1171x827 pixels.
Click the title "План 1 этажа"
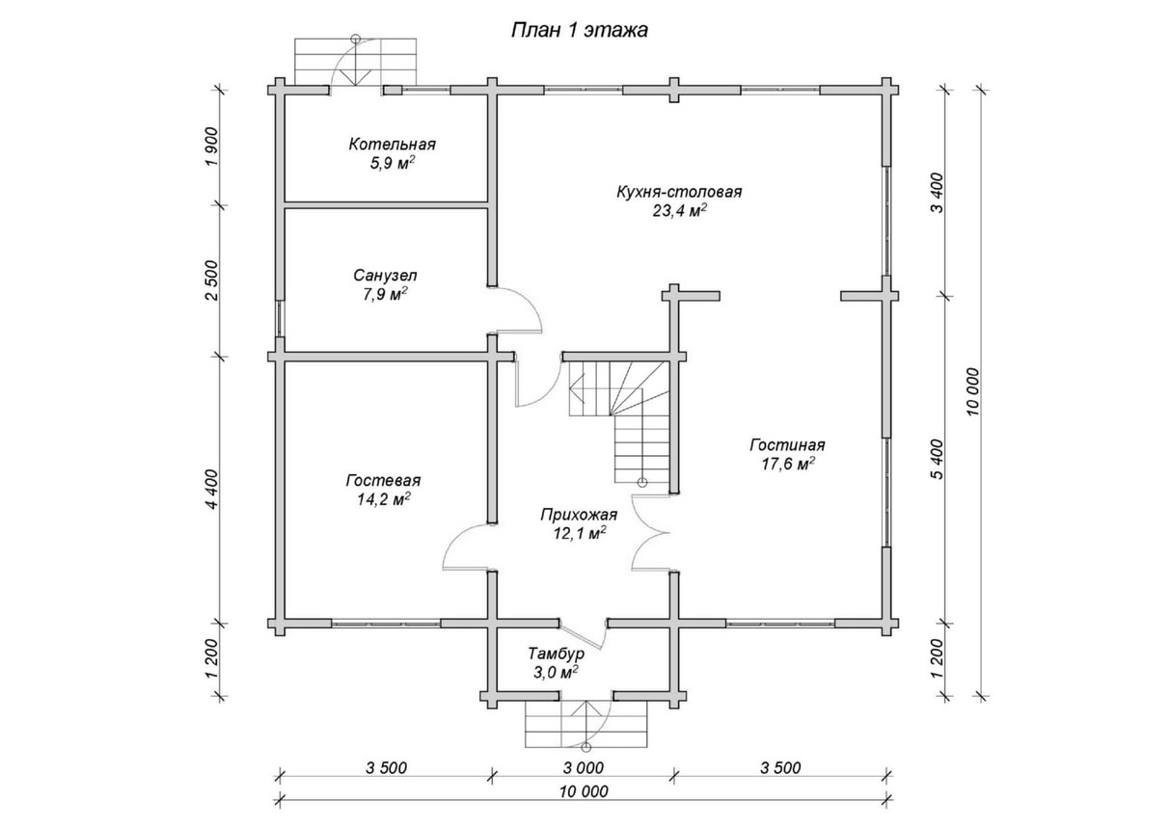point(579,30)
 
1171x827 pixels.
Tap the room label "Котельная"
point(393,145)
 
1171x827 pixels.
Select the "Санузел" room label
point(381,275)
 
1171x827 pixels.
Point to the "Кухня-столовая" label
point(679,191)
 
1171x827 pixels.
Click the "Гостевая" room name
point(382,480)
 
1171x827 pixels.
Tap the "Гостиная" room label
point(787,445)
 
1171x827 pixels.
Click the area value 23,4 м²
point(679,209)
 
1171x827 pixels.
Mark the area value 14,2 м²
point(382,498)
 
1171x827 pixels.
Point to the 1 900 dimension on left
point(212,147)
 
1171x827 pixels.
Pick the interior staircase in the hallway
point(618,414)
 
